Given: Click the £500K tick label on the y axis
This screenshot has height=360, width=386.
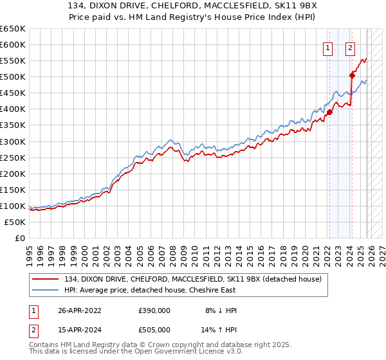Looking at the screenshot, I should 13,77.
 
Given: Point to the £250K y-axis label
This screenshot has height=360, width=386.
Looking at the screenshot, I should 13,157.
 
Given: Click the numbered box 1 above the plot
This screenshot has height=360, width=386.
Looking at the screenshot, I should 328,47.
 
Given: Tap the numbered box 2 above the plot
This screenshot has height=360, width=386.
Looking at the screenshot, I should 351,47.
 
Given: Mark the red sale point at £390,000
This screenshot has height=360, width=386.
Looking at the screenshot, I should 329,112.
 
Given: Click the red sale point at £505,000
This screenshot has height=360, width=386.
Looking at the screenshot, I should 352,75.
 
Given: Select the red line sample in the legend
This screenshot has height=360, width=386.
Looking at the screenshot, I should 47,278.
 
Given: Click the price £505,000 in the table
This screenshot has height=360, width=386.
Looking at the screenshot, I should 154,331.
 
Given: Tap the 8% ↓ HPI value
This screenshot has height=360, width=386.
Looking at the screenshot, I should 220,310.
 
